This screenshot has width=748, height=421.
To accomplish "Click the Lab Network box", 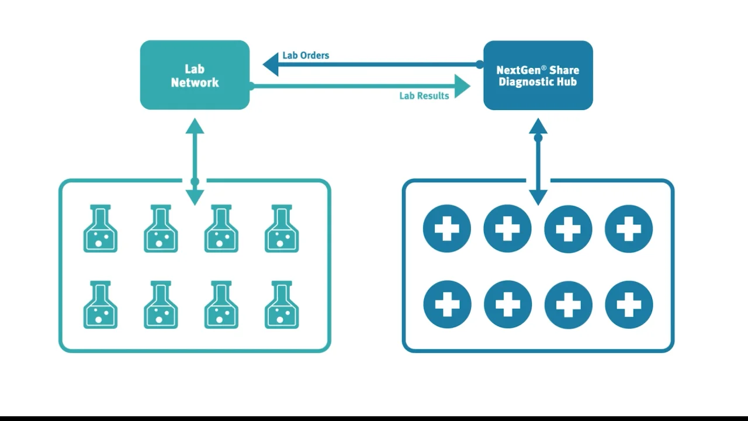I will (195, 75).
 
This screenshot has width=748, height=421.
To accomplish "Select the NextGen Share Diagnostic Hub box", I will (538, 75).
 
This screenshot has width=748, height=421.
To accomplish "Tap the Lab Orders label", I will (306, 56).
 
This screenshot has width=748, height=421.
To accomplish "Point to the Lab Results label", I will (424, 96).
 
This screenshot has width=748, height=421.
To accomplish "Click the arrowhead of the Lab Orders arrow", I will (271, 64).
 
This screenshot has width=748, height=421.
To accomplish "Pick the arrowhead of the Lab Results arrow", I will (462, 86).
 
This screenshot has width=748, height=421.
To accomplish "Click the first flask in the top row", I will (100, 229).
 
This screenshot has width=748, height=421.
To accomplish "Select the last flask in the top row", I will (282, 229).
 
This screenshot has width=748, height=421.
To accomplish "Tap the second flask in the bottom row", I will (161, 305).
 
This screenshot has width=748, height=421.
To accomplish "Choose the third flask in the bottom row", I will (221, 305).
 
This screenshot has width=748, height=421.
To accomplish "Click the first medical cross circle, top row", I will (447, 229).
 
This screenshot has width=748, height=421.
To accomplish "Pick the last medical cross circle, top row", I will (629, 229).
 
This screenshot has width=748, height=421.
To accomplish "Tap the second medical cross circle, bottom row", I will (508, 305).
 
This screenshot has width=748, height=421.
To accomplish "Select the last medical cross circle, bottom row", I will (629, 305).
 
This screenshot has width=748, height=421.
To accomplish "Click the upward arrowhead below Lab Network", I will (195, 126).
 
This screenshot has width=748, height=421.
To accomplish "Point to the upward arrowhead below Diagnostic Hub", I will (538, 126).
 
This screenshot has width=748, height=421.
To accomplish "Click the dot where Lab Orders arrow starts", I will (480, 64).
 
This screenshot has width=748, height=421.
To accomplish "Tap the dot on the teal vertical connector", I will (195, 182).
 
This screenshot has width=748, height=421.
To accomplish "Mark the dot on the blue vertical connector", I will (538, 138).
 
